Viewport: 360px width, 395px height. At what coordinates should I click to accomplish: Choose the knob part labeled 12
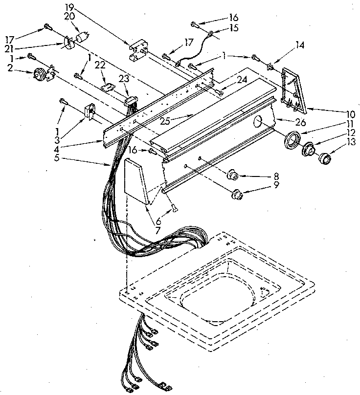click(x=308, y=149)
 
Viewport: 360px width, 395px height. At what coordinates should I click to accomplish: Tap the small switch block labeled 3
click(x=90, y=111)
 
